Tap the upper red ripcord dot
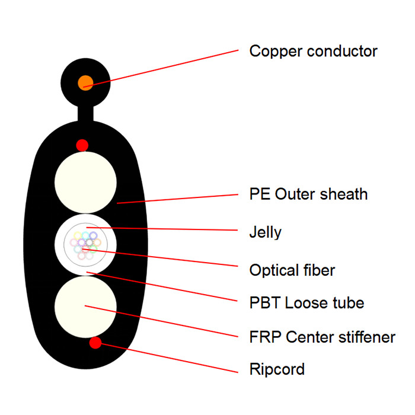pos(82,145)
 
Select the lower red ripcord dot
pos(95,342)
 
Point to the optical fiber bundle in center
pos(86,244)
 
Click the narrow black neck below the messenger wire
pos(86,113)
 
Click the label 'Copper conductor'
pos(313,51)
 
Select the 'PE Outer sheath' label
pos(308,194)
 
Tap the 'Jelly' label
pos(265,232)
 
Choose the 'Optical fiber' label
pos(292,270)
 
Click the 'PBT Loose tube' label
pos(307,303)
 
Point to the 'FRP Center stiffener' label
pos(322,337)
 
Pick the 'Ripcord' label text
pos(277,369)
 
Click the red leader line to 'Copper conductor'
pos(166,67)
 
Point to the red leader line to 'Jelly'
pos(166,229)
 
